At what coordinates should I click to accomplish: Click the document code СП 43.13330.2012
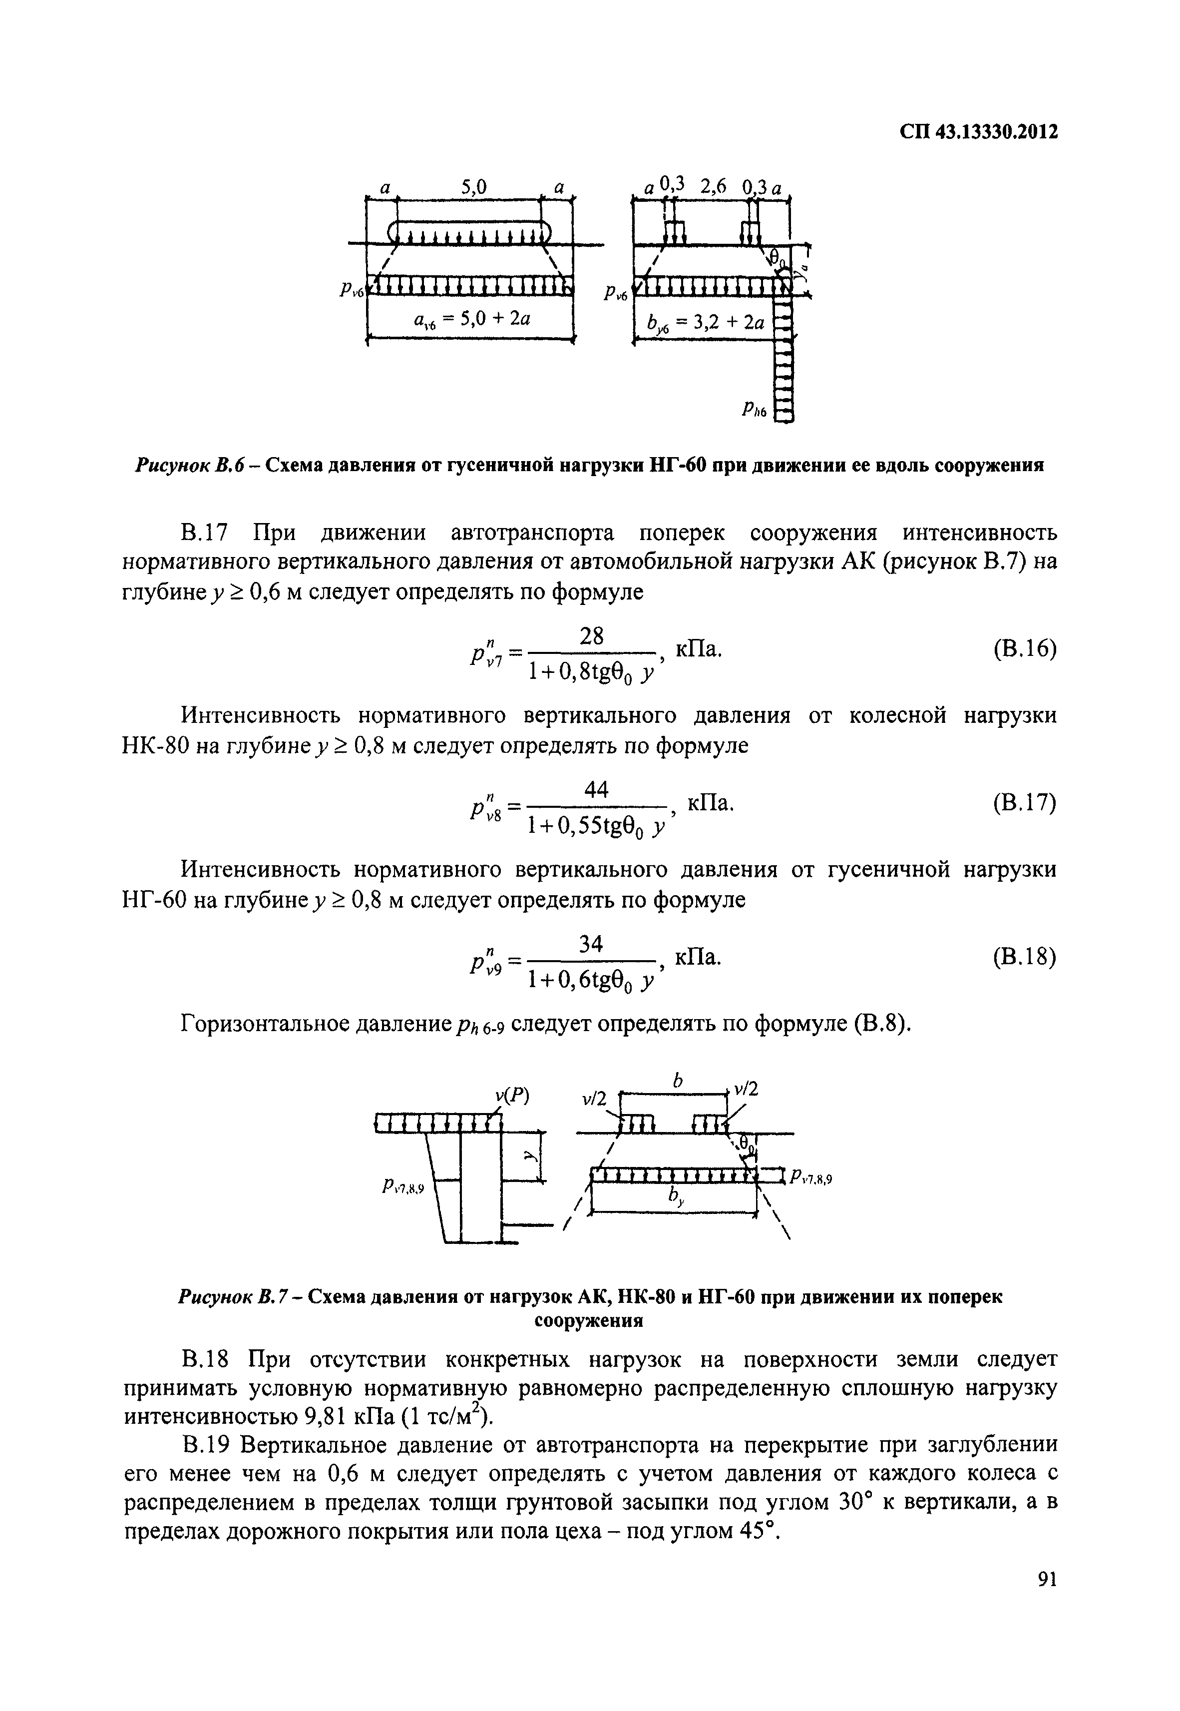978,132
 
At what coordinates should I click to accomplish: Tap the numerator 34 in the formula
592,944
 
